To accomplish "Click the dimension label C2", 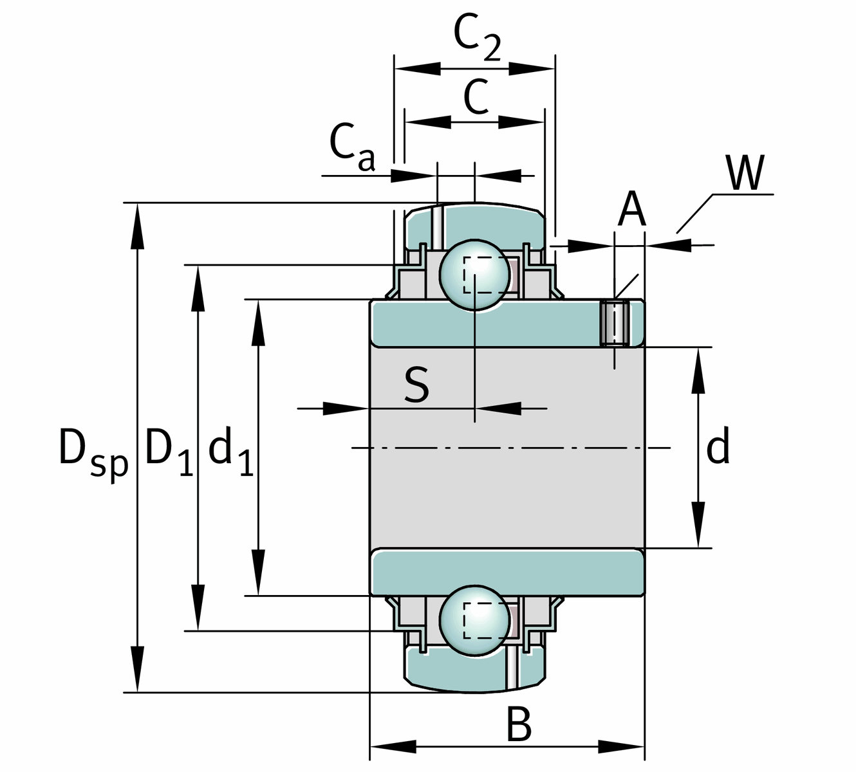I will pos(477,37).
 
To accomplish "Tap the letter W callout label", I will pos(746,173).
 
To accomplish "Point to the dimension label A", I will pos(631,210).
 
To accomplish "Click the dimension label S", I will pos(417,385).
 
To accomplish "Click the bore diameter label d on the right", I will pos(718,448).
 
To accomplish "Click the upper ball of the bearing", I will pos(474,275).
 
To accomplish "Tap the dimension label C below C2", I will pos(476,98).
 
